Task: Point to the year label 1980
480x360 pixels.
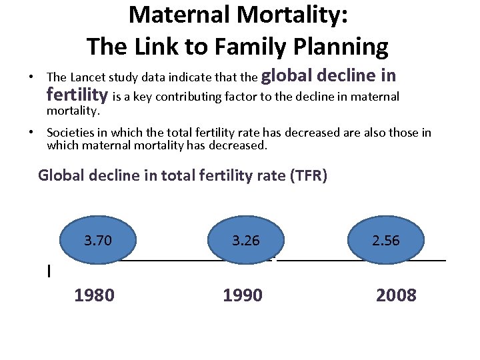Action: pos(94,295)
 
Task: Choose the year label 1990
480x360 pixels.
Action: pos(243,295)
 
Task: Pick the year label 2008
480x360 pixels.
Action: pos(396,295)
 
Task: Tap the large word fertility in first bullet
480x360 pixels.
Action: pos(78,95)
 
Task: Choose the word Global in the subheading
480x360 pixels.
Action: pos(62,176)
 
